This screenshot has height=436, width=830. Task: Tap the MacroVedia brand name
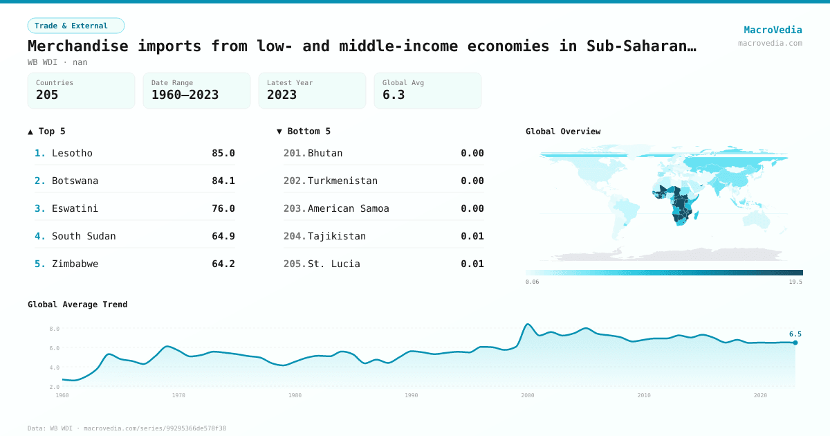pos(773,30)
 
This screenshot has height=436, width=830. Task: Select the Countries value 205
pos(47,95)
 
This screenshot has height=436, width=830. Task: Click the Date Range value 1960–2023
pos(185,95)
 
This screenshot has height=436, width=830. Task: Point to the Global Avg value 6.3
pos(394,95)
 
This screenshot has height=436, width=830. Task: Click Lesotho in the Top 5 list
pos(72,153)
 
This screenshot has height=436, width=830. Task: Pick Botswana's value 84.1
pos(223,181)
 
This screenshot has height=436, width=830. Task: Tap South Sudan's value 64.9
pos(223,236)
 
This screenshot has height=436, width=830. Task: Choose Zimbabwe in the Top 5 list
pos(75,264)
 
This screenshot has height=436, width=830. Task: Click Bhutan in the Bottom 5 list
pos(325,153)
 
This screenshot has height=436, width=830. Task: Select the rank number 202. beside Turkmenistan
pos(295,181)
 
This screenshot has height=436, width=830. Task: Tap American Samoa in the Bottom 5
pos(348,208)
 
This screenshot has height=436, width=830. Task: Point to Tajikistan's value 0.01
pos(472,236)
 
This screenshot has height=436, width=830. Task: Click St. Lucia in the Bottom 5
pos(333,264)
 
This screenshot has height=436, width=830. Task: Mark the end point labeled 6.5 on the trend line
pos(795,343)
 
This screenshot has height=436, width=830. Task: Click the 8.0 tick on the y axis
pos(55,329)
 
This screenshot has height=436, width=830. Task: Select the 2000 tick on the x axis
pos(528,395)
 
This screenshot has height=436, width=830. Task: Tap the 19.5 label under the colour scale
pos(795,282)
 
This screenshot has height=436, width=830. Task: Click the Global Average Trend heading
pos(77,305)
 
